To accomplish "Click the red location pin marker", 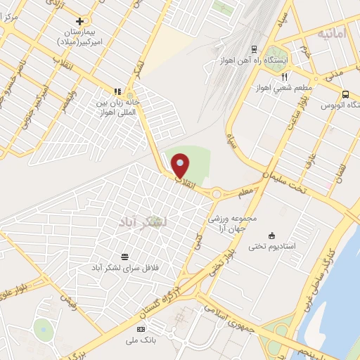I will click(181, 165).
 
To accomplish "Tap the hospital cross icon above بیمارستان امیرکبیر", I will click(79, 22).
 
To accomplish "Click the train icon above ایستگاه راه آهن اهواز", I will click(253, 49).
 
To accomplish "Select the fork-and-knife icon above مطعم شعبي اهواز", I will click(284, 77).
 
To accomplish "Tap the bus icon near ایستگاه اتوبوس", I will click(345, 94).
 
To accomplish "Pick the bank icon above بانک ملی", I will click(141, 329).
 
